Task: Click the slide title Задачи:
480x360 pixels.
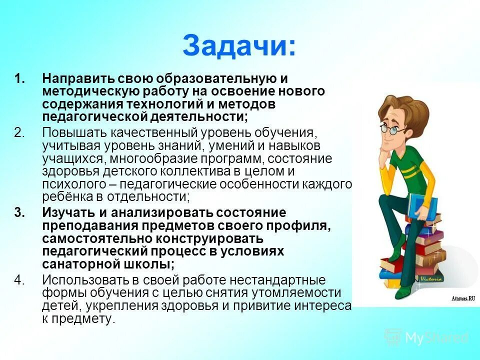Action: pyautogui.click(x=239, y=46)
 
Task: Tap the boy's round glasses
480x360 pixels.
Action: pyautogui.click(x=392, y=129)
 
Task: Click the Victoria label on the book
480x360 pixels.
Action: pyautogui.click(x=431, y=278)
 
